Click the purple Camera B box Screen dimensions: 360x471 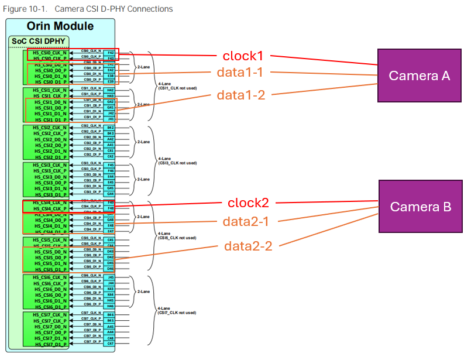pos(421,207)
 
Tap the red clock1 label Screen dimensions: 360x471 pos(243,56)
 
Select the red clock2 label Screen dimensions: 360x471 pos(248,203)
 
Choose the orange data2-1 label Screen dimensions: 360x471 pos(248,222)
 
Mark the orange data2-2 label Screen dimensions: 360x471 pos(248,246)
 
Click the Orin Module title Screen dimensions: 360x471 pos(60,26)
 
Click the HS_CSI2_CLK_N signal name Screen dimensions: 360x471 pos(50,127)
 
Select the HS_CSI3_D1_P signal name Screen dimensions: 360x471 pos(50,194)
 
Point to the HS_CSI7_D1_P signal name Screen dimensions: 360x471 pos(50,344)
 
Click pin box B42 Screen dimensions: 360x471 pos(111,127)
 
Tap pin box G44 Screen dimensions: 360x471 pos(111,193)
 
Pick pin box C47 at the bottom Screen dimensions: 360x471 pos(111,344)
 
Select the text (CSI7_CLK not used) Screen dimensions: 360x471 pos(176,313)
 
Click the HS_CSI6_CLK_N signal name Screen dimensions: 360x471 pos(50,277)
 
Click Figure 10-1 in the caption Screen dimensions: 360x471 pos(20,9)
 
